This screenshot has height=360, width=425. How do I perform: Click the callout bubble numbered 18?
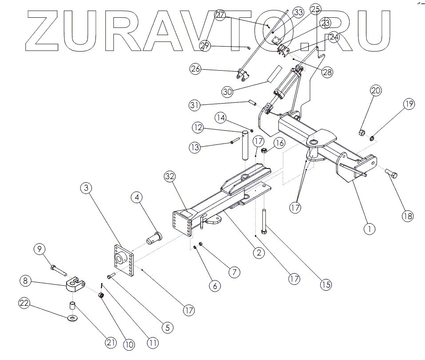[x=407, y=216]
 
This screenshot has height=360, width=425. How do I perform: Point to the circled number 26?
[x=196, y=69]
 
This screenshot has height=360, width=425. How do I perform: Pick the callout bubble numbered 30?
[x=228, y=92]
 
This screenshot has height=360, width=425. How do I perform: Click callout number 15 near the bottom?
[x=326, y=284]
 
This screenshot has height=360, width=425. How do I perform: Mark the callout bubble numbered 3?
[x=87, y=188]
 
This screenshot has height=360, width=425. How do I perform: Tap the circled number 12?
[x=198, y=128]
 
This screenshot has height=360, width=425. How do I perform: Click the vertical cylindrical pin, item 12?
[x=245, y=145]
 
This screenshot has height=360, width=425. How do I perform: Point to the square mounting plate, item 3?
[x=122, y=262]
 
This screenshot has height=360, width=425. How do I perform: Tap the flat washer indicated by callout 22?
[x=72, y=318]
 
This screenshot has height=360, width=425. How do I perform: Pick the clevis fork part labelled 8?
[x=75, y=284]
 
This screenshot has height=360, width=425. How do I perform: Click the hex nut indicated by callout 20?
[x=361, y=132]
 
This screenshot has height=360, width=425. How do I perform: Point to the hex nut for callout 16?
[x=263, y=151]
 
